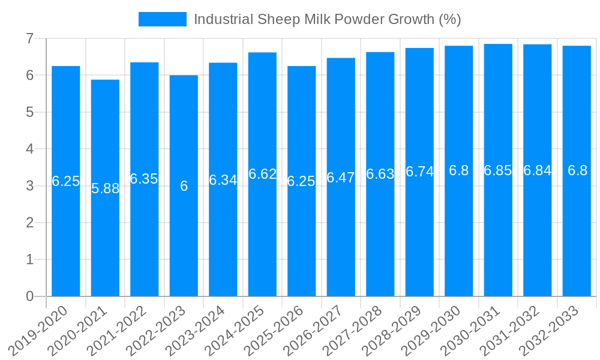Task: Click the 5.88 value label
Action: point(106,188)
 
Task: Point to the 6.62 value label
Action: point(262,174)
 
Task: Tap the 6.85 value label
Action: point(498,170)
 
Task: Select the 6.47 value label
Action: point(341,178)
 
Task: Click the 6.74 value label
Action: point(419,172)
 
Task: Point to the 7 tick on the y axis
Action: point(29,38)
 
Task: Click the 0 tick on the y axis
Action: point(29,296)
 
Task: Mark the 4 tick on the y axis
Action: point(29,149)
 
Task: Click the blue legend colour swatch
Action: point(162,19)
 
